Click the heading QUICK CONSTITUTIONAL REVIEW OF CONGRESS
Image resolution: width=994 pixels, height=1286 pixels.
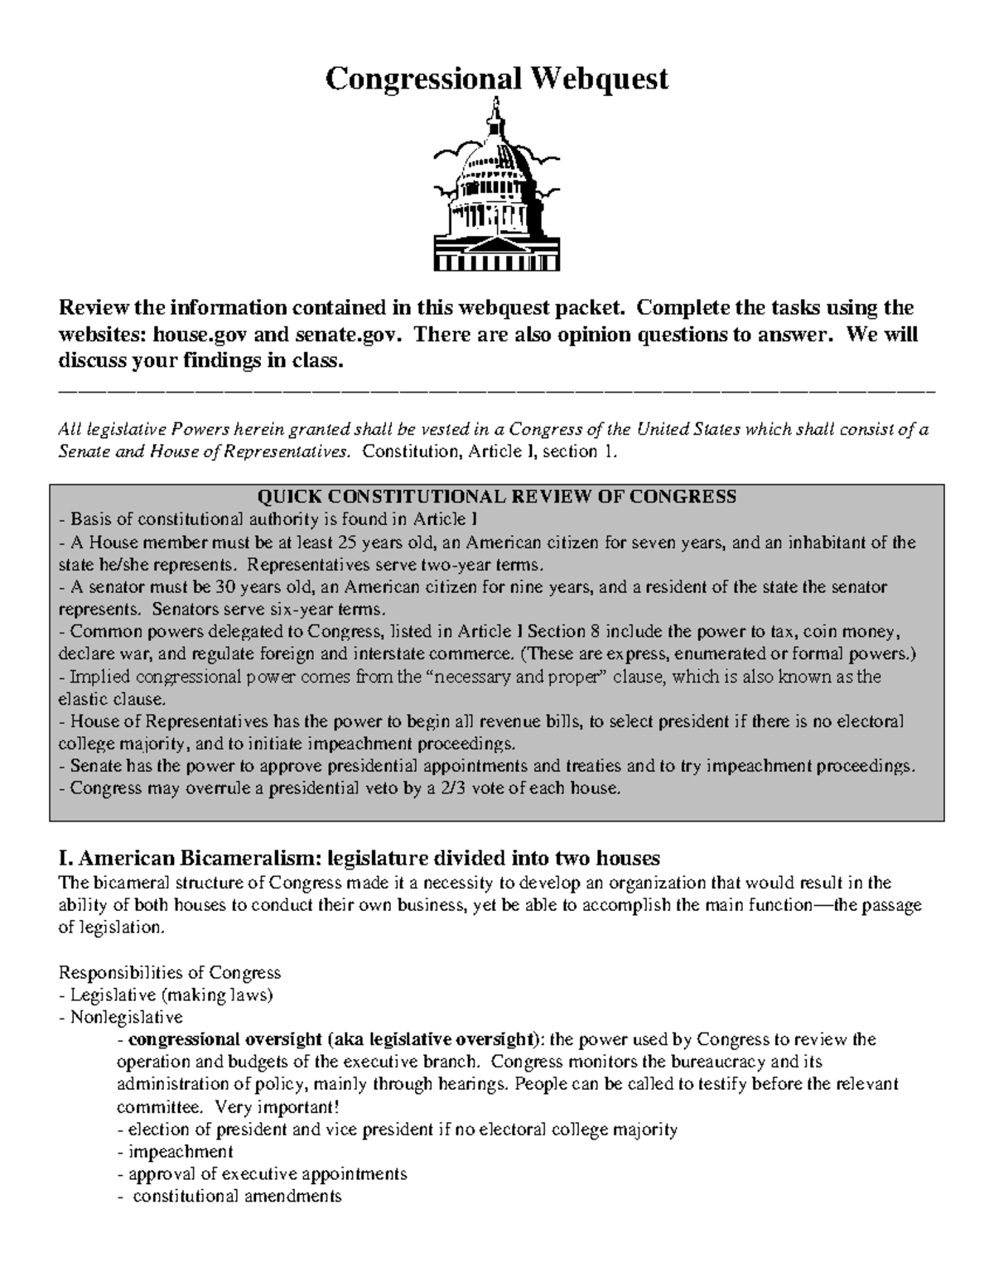[497, 497]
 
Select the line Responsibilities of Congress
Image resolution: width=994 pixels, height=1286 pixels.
[170, 972]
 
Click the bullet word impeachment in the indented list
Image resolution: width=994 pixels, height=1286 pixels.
[181, 1152]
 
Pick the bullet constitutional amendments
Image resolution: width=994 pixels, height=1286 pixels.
[237, 1197]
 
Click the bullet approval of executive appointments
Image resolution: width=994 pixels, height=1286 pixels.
[268, 1174]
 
